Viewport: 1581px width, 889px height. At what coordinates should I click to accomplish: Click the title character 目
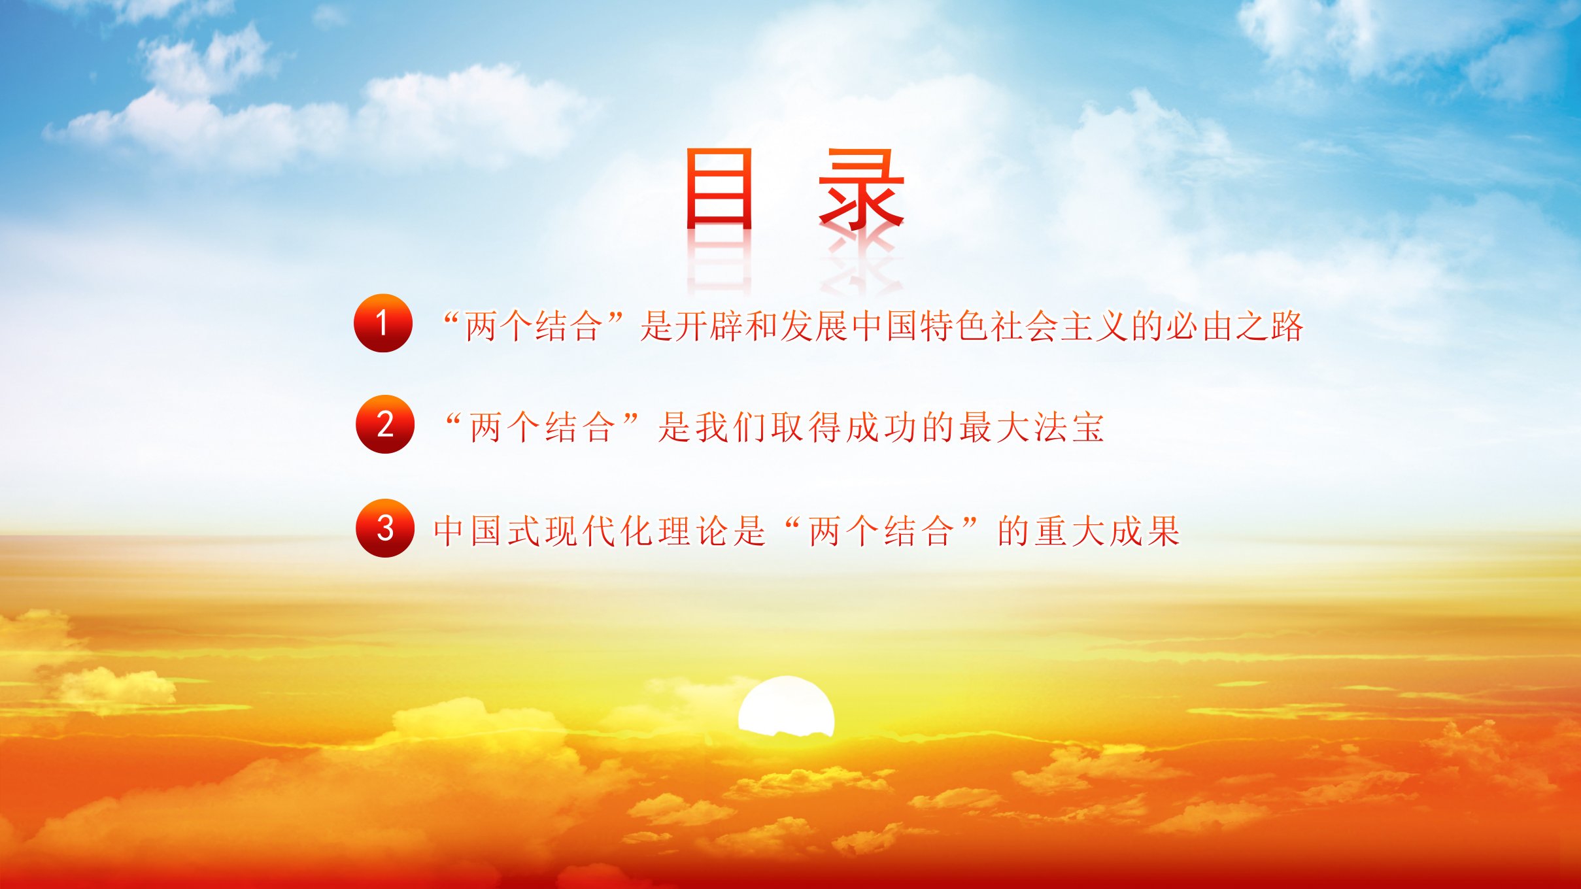click(x=719, y=188)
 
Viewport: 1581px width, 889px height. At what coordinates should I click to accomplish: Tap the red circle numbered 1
click(x=383, y=323)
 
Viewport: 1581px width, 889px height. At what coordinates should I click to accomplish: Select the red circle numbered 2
click(x=385, y=424)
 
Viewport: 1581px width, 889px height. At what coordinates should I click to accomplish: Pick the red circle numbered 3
click(x=385, y=528)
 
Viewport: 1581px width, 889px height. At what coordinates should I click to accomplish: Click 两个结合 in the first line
click(x=534, y=326)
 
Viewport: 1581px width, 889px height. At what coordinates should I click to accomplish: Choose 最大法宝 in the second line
click(x=1032, y=428)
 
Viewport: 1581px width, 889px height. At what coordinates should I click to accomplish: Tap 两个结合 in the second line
click(x=543, y=428)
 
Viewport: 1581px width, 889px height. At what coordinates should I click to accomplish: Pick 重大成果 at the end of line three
click(x=1089, y=531)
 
